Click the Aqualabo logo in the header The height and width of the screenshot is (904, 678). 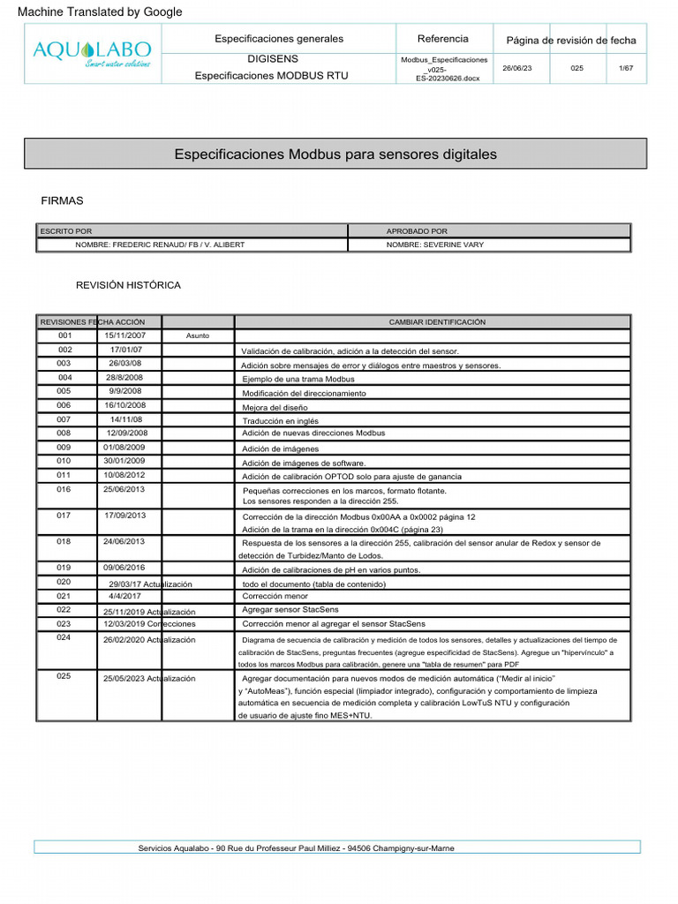tap(92, 53)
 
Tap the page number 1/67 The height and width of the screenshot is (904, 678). tap(625, 68)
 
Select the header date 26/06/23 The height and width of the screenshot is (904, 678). tap(517, 68)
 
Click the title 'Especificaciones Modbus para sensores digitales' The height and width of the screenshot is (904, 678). tap(335, 154)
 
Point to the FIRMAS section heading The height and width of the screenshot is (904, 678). tap(63, 201)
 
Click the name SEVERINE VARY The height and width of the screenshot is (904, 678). tap(435, 245)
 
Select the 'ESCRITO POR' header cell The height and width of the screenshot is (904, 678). tap(67, 231)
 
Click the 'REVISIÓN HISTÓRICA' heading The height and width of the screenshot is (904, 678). tap(128, 285)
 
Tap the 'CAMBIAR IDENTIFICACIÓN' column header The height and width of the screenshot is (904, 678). tap(437, 322)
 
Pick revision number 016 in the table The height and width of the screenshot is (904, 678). tap(64, 489)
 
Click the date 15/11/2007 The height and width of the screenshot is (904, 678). tap(125, 335)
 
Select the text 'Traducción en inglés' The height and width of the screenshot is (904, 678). tap(281, 421)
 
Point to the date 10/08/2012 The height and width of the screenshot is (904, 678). tap(124, 475)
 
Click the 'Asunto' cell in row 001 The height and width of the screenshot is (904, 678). tap(198, 336)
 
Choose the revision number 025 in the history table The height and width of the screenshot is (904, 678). tap(64, 677)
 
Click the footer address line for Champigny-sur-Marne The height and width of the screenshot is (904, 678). tap(297, 848)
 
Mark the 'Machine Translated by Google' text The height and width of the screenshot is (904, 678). tap(101, 11)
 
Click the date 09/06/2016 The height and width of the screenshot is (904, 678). tap(124, 568)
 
